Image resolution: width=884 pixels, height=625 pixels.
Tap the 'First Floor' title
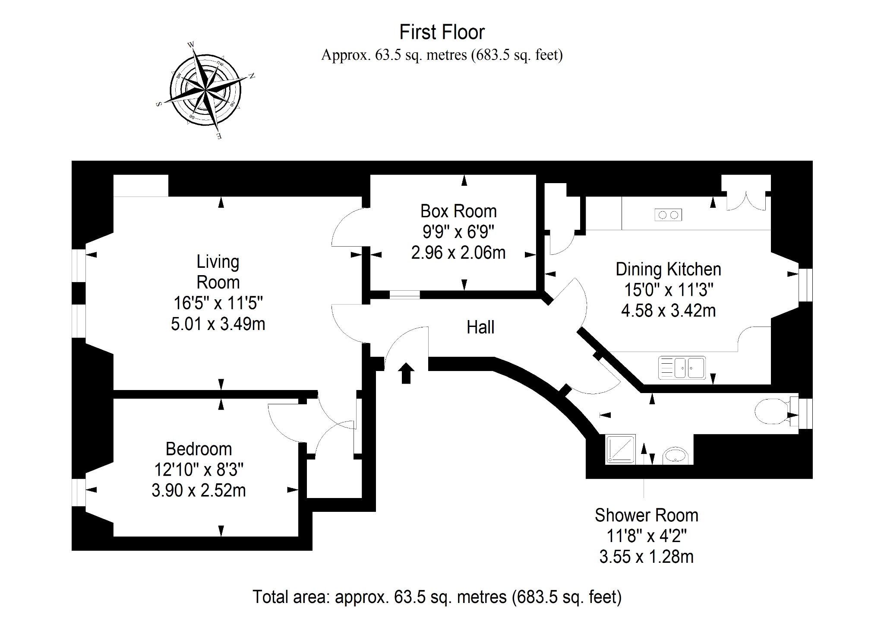[442, 32]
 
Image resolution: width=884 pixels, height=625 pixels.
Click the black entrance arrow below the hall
[406, 373]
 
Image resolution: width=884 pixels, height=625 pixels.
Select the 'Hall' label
[480, 327]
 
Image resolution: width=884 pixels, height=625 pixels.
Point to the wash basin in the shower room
[676, 455]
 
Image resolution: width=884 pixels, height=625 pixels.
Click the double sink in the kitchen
[682, 368]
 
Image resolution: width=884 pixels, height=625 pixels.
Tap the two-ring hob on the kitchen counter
[668, 214]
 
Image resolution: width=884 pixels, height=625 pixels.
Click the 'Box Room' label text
[458, 211]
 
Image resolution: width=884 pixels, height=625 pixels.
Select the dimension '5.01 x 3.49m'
[218, 324]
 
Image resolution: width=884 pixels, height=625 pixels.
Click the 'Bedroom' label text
[199, 449]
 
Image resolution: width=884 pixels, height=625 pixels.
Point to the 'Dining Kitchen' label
[668, 269]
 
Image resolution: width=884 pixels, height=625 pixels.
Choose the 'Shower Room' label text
[646, 515]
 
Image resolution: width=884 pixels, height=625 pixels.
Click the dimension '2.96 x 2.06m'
[458, 252]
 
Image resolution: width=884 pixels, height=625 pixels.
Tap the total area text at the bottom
[437, 596]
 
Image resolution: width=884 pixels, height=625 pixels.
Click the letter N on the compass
[252, 76]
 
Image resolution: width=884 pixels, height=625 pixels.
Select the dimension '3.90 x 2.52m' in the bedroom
[199, 490]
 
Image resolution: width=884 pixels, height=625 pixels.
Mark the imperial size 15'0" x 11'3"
[668, 290]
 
